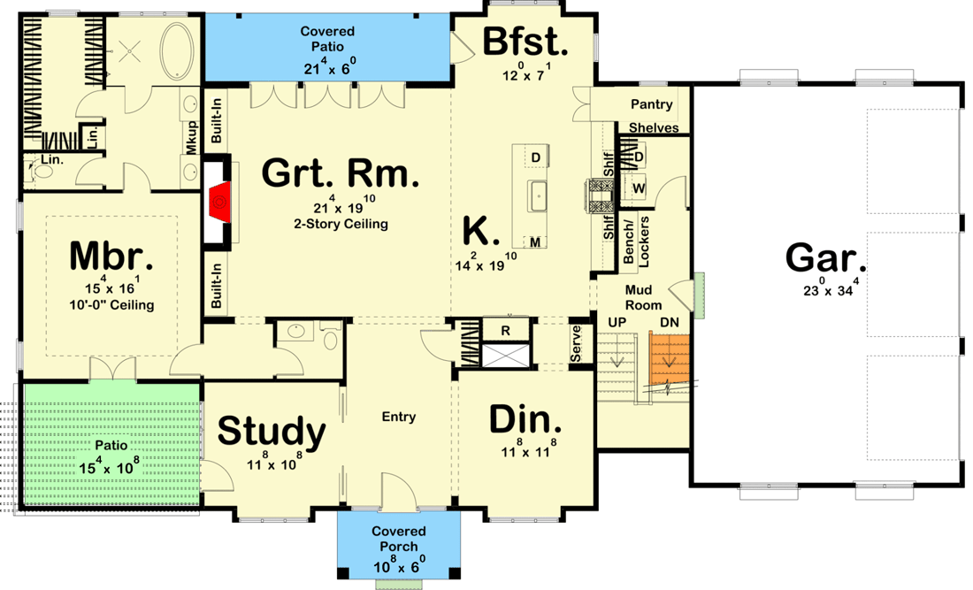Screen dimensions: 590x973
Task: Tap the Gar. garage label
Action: point(826,260)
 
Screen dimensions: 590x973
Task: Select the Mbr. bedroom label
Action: point(111,257)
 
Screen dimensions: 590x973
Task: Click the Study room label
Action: point(272,432)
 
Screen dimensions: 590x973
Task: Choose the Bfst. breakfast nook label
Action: point(524,42)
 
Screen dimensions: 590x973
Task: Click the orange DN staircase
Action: point(669,361)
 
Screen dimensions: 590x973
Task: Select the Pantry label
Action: point(651,104)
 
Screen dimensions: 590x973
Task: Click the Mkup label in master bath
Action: point(191,141)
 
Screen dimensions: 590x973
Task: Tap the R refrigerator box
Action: point(504,330)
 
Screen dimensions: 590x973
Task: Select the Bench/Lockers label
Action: point(637,240)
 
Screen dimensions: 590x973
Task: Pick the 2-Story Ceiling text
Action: point(341,224)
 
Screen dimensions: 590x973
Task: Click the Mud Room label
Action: point(639,297)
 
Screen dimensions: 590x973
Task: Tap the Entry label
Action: point(398,417)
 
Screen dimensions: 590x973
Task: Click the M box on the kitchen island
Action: point(535,241)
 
